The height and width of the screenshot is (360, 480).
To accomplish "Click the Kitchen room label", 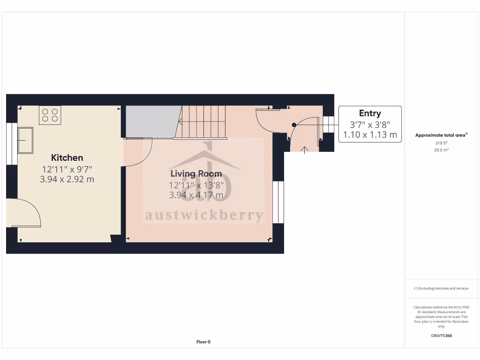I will point(67,158).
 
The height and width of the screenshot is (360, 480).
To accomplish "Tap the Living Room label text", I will point(196,174).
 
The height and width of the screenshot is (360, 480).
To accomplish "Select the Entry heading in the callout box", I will point(370,113).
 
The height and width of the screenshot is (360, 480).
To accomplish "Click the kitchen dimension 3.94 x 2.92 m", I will point(67,179).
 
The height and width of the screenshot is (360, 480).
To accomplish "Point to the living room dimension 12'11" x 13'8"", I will point(196,185).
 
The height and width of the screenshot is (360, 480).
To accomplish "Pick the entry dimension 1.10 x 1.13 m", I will point(370,135).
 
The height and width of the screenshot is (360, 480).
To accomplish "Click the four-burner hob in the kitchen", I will point(50,115).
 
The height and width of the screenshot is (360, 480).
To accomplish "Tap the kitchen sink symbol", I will point(25,140).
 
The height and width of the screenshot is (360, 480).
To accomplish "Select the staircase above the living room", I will point(202,122).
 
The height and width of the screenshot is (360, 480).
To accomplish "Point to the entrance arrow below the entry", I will point(305,150).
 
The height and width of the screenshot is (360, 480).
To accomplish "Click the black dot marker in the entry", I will point(294,125).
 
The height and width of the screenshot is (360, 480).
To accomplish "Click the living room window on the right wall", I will point(278,202).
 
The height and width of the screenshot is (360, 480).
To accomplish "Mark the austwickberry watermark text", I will point(204,215).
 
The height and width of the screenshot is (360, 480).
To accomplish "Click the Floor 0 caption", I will point(203,342).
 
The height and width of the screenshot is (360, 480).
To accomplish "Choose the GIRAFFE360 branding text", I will point(441,336).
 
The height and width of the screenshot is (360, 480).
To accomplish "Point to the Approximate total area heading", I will point(441,135).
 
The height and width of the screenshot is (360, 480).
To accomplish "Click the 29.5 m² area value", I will point(441,150).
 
